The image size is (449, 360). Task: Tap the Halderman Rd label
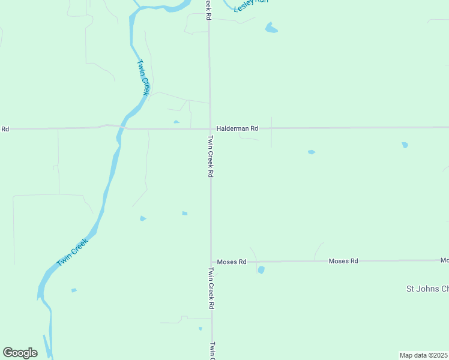[237, 128]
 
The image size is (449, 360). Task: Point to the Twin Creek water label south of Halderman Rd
[72, 253]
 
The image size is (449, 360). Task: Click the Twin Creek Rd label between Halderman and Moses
[211, 156]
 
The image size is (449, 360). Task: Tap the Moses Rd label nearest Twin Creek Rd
[232, 262]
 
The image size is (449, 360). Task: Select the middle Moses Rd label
[343, 261]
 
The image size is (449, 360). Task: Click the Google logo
[20, 353]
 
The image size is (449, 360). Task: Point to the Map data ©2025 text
[424, 355]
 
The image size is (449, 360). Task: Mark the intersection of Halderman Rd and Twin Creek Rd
[209, 128]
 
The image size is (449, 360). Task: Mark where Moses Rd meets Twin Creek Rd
[211, 262]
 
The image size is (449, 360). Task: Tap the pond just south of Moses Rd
[261, 270]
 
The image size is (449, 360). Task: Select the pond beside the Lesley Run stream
[271, 28]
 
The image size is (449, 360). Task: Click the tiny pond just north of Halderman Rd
[176, 122]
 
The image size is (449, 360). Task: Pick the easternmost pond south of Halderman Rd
[405, 145]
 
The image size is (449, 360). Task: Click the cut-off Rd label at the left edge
[5, 128]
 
